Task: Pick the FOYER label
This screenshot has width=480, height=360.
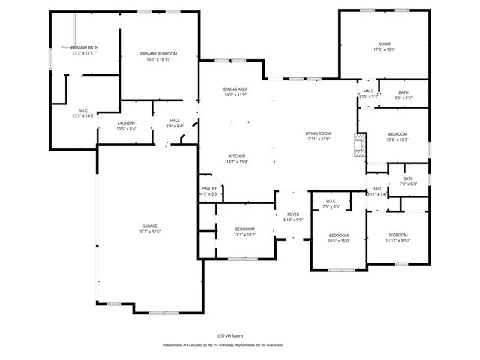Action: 293,217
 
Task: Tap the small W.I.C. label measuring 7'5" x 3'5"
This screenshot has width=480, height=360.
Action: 331,204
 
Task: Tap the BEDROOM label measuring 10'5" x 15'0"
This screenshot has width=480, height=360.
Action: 339,238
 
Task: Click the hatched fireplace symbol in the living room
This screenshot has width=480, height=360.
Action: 361,144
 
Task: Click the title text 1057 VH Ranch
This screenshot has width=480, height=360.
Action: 229,335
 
